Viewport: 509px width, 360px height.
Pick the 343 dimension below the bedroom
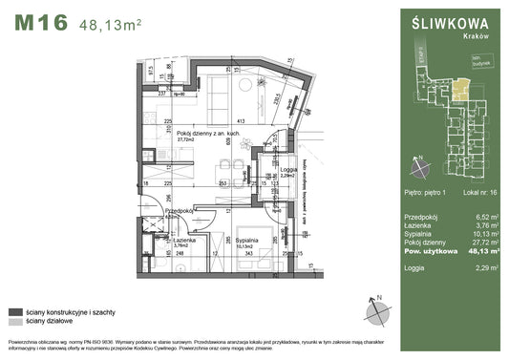coord(247,253)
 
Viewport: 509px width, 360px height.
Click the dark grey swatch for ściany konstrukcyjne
coord(14,311)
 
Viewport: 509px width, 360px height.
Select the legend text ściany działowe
coord(54,323)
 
